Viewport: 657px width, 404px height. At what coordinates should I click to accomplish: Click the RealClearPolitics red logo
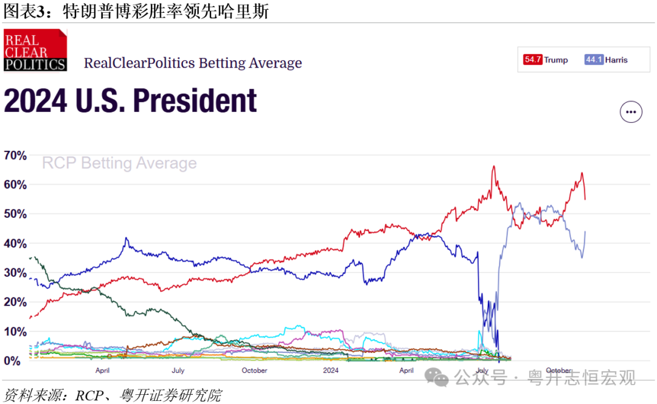click(35, 50)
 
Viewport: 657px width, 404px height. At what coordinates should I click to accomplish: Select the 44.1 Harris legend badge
click(605, 60)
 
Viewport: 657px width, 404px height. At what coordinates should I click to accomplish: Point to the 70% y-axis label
click(15, 155)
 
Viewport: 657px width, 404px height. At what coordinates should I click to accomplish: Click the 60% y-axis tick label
click(15, 184)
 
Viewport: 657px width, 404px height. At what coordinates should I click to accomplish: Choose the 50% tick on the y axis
click(15, 214)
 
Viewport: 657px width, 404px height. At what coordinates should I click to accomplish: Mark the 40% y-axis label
click(15, 243)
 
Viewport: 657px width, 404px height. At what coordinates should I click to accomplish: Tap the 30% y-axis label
click(15, 273)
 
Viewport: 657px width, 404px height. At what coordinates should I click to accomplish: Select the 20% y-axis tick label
click(15, 302)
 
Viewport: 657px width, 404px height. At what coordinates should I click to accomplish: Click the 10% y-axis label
click(15, 332)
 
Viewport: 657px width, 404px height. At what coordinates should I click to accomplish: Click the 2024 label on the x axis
click(330, 371)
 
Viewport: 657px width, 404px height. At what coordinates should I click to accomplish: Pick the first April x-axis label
click(102, 371)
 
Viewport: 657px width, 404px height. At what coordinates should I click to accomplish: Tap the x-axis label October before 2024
click(254, 371)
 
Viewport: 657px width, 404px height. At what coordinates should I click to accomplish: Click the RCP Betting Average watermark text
click(119, 163)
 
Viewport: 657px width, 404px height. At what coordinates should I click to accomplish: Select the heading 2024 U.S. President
click(131, 101)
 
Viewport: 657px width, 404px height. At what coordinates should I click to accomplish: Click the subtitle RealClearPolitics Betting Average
click(192, 63)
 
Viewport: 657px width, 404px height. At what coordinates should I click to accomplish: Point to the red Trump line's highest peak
click(493, 166)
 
